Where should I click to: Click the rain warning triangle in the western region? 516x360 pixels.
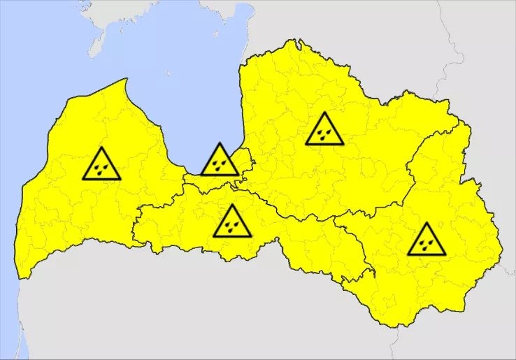(x=101, y=165)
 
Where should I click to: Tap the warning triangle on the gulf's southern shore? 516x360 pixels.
(x=220, y=161)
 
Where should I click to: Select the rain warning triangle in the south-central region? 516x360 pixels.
(x=232, y=222)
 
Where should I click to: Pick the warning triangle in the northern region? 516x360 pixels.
(x=324, y=130)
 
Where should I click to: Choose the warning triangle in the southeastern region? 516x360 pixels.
(x=427, y=240)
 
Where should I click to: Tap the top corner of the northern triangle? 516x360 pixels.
(x=324, y=113)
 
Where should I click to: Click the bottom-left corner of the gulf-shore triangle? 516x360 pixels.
(x=202, y=174)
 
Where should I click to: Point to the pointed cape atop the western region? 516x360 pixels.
(x=125, y=80)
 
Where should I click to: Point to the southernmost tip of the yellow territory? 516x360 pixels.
(x=399, y=326)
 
